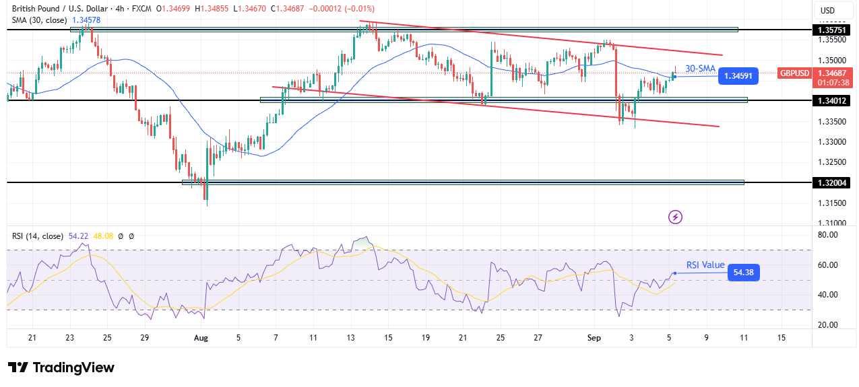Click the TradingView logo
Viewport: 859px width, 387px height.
tap(61, 367)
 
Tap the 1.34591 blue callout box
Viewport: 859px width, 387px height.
tap(738, 76)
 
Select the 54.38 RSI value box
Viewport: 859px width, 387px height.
tap(743, 273)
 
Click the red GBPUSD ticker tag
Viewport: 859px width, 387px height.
tap(794, 73)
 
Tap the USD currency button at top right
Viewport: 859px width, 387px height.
tap(827, 10)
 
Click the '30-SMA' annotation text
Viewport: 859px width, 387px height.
tap(700, 68)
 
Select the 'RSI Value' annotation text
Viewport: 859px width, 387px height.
tap(705, 265)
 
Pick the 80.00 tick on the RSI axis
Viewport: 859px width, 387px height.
tap(829, 235)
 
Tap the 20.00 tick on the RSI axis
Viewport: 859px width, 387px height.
tap(829, 324)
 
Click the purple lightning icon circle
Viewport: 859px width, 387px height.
tap(675, 217)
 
